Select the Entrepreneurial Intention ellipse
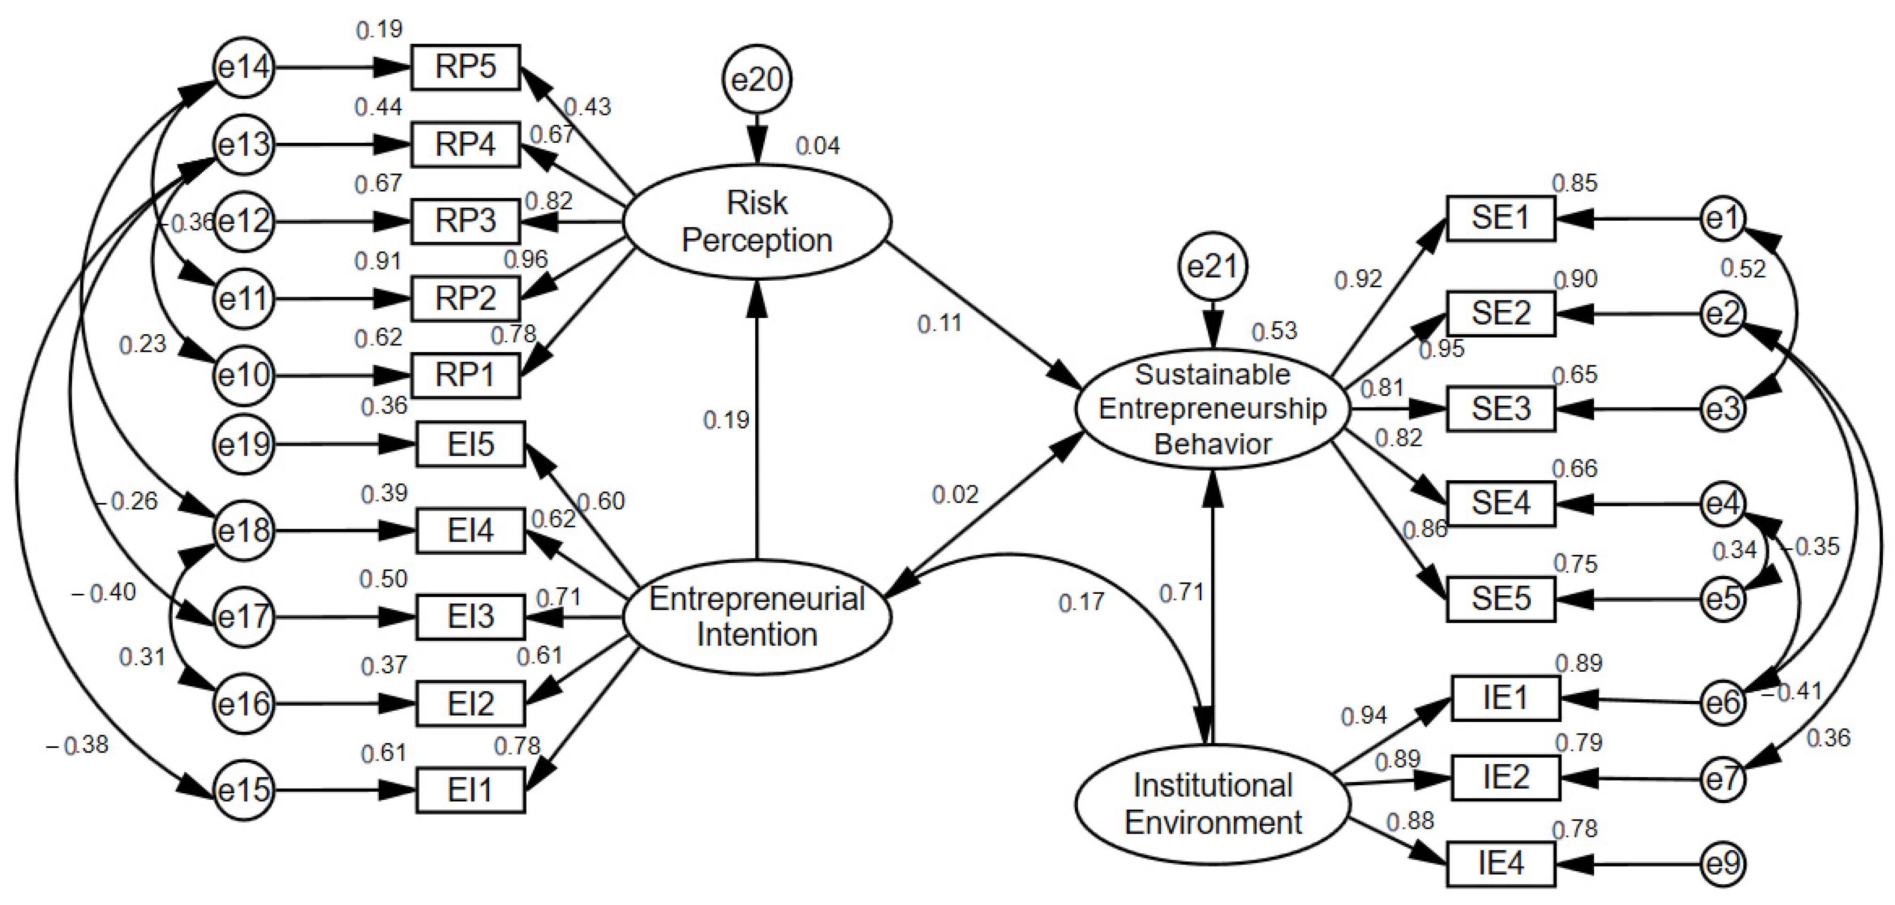[x=757, y=617]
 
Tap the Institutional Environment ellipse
[x=1212, y=804]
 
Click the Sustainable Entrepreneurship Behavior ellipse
[x=1212, y=409]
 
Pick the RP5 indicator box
[x=465, y=67]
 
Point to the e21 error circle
[x=1212, y=266]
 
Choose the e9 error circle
[x=1723, y=864]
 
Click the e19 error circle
[x=244, y=445]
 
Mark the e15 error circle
[x=244, y=790]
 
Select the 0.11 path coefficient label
[x=939, y=323]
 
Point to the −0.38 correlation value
[x=77, y=745]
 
